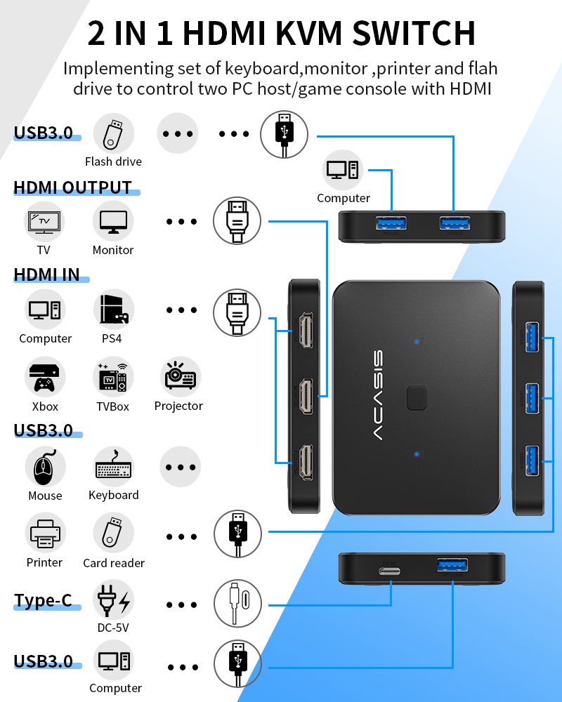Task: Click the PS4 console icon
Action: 114,310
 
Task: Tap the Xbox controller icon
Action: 45,378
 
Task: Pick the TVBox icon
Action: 113,378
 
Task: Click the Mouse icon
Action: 45,467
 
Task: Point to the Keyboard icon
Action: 114,467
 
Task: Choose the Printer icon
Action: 45,534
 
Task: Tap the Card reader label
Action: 114,563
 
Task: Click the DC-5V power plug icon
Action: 113,600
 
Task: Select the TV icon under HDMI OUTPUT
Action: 45,221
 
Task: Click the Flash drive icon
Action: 113,134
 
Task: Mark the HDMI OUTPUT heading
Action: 72,187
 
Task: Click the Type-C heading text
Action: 44,601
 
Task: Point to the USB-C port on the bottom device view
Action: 391,569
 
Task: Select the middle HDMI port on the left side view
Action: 306,396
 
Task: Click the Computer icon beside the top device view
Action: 343,170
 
